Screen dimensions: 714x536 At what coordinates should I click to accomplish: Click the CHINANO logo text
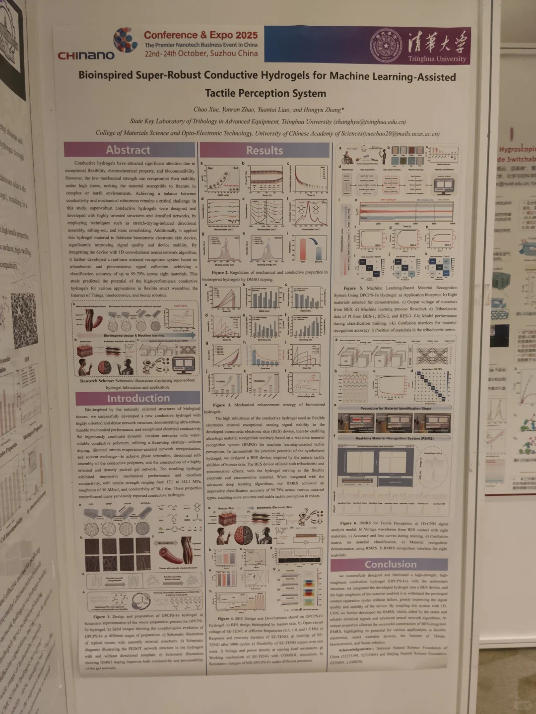pyautogui.click(x=86, y=55)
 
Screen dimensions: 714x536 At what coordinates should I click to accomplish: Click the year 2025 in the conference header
pyautogui.click(x=247, y=35)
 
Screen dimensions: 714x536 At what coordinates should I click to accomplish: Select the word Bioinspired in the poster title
pyautogui.click(x=105, y=75)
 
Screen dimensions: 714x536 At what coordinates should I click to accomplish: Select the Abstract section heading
pyautogui.click(x=128, y=150)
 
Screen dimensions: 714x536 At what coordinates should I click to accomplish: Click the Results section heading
pyautogui.click(x=265, y=150)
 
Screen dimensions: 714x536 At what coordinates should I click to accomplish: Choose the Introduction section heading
pyautogui.click(x=138, y=398)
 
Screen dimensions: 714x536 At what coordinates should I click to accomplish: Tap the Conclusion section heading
pyautogui.click(x=391, y=564)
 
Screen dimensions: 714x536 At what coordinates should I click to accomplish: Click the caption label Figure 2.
pyautogui.click(x=221, y=272)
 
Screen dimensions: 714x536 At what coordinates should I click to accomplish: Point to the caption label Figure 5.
pyautogui.click(x=353, y=288)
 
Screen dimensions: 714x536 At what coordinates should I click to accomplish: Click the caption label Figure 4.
pyautogui.click(x=226, y=618)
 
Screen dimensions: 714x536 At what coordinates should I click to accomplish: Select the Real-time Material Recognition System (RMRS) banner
pyautogui.click(x=395, y=438)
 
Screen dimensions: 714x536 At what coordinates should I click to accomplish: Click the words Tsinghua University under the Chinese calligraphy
pyautogui.click(x=437, y=59)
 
